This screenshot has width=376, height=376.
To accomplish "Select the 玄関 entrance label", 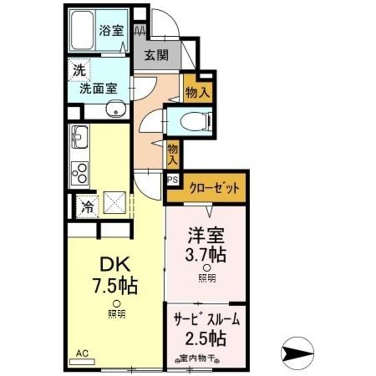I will pos(157,56).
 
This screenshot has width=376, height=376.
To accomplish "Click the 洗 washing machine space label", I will pos(80,69).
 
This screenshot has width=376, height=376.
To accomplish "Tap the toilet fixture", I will pos(195,120).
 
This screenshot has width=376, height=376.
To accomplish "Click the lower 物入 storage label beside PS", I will pos(173,153).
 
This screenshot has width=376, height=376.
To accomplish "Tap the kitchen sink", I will pos(80,135).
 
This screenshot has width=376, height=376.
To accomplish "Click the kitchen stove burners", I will pos(80,170).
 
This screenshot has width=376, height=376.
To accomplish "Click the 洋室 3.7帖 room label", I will pos(205,246).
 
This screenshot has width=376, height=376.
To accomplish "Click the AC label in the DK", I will pos(81,354).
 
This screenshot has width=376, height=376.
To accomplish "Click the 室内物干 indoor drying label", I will pos(197,359).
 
